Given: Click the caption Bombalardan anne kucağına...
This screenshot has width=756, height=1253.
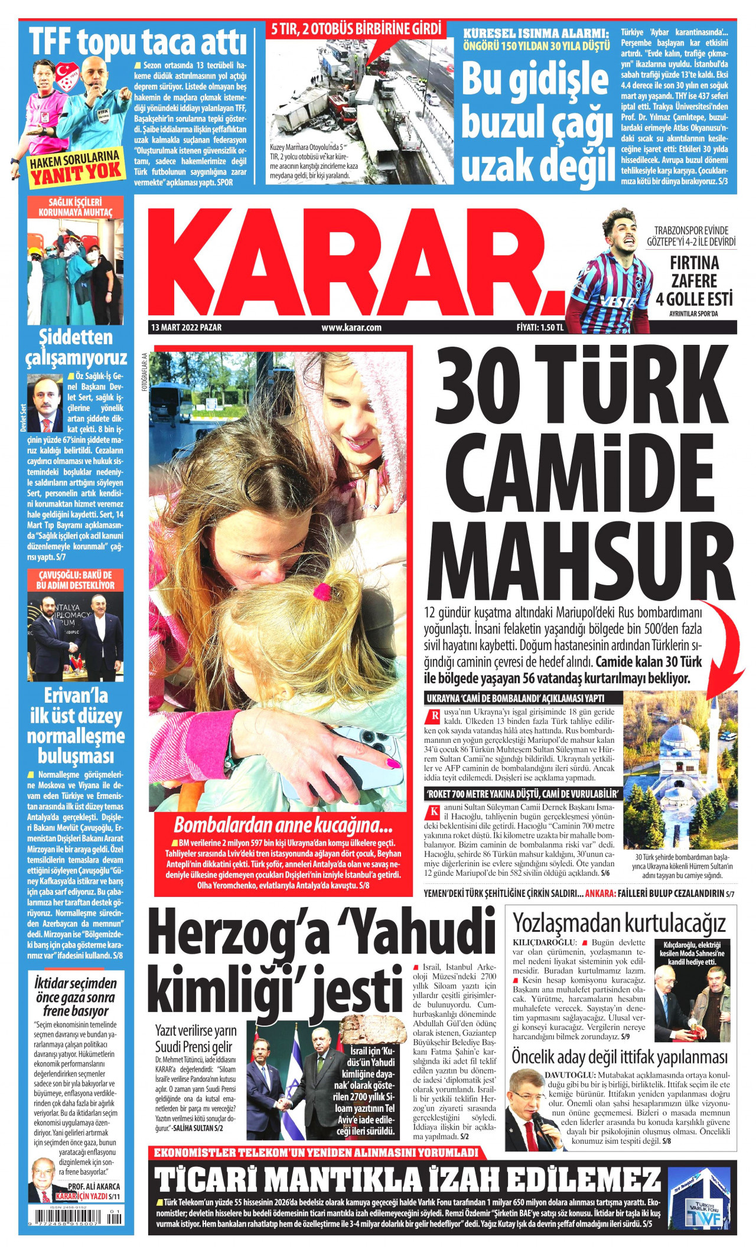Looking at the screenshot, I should click(279, 824).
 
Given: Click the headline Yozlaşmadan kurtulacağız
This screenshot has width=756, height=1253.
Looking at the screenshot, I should click(619, 922).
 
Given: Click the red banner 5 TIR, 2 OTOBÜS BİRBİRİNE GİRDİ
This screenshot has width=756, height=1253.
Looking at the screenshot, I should click(353, 28).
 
